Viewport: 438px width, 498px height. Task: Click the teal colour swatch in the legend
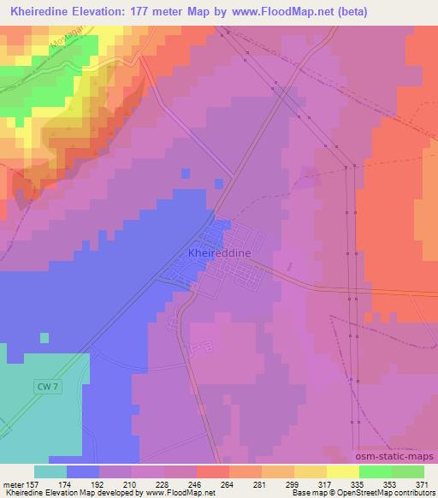coord(50,471)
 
